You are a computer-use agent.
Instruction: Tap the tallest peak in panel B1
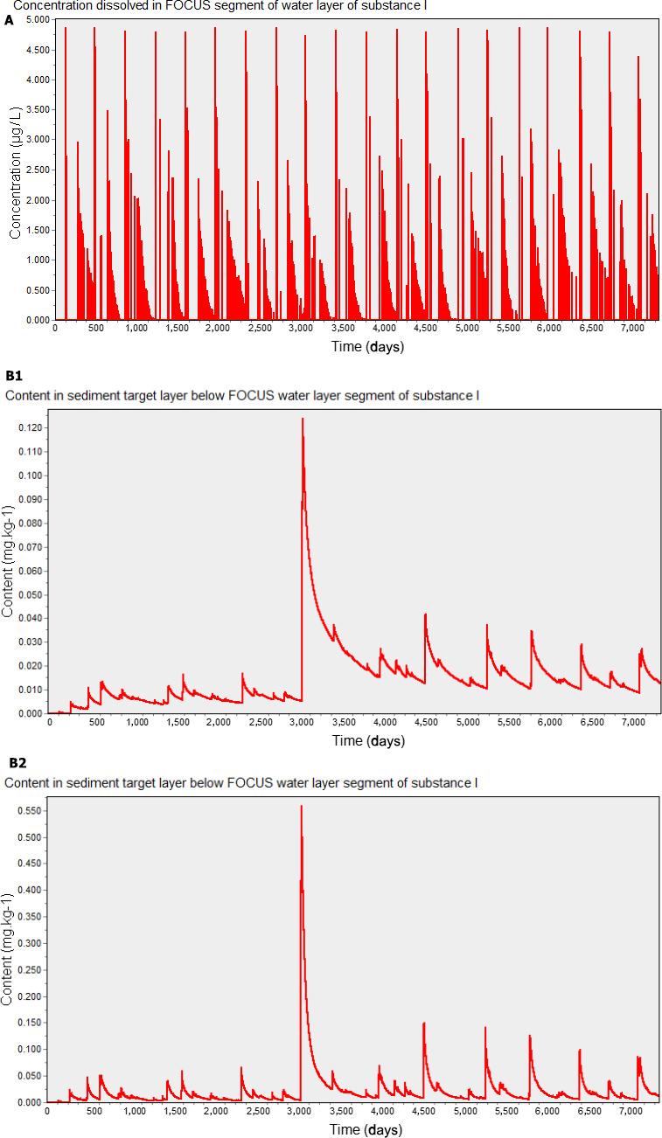click(303, 420)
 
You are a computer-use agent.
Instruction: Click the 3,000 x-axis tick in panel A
click(300, 328)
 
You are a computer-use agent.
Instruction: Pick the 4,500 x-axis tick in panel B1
click(425, 721)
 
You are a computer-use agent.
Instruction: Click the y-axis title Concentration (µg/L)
click(15, 170)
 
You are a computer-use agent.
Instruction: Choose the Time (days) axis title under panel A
click(367, 345)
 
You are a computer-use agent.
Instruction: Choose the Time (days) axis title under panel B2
click(366, 1128)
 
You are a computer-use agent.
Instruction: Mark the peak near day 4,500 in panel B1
click(425, 614)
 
